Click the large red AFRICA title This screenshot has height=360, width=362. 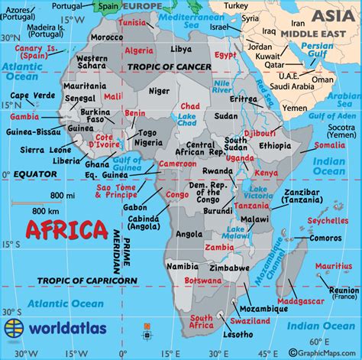click(x=66, y=229)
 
